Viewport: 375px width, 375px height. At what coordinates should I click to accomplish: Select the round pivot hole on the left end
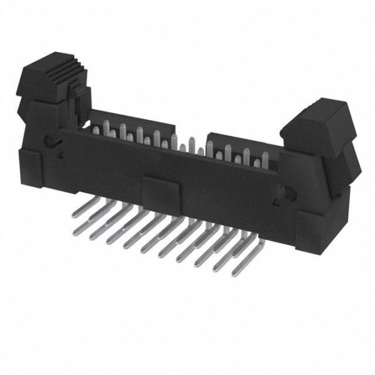(48, 141)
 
